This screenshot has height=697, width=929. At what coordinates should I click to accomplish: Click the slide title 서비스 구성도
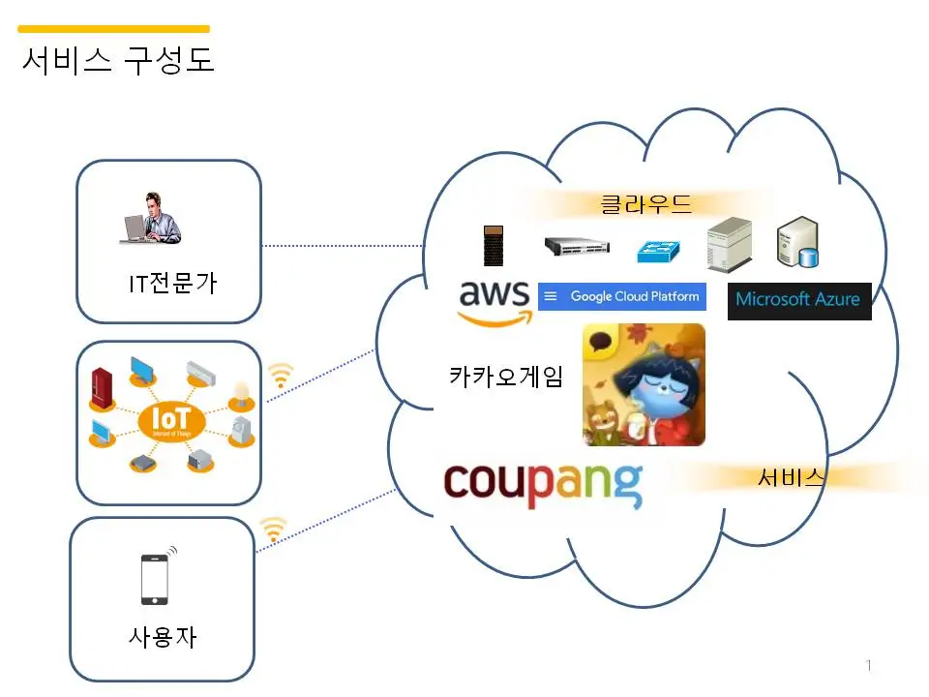[x=117, y=60]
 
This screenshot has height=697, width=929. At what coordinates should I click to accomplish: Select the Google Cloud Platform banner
[x=621, y=296]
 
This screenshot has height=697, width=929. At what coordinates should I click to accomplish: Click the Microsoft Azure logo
[x=798, y=300]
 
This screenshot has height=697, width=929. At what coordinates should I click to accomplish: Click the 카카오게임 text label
[x=505, y=376]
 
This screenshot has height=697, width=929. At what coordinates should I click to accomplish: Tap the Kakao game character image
[x=644, y=384]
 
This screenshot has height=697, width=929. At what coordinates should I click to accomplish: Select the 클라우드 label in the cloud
[x=646, y=204]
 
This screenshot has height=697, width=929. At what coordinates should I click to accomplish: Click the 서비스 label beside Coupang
[x=791, y=476]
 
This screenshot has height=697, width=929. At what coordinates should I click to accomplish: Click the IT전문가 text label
[x=172, y=284]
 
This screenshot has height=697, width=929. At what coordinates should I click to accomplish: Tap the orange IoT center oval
[x=171, y=421]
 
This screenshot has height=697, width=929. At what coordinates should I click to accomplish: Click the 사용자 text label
[x=164, y=637]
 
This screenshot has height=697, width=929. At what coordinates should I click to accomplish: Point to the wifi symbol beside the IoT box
[x=281, y=376]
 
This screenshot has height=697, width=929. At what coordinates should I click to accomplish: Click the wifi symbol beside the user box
[x=274, y=529]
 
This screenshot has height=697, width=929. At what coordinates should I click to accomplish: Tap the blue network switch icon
[x=659, y=252]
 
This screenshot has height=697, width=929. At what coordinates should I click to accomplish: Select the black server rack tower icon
[x=494, y=246]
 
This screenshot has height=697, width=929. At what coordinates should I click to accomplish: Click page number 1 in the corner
[x=868, y=665]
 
